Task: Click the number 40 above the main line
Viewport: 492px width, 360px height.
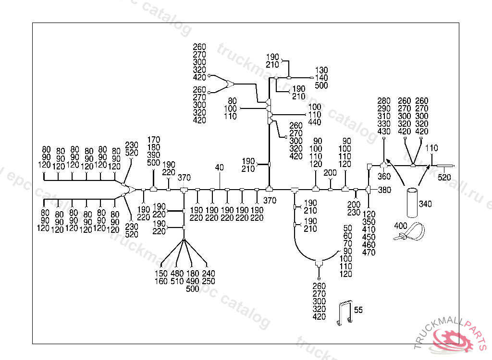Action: point(219,168)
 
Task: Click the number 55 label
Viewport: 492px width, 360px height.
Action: point(358,310)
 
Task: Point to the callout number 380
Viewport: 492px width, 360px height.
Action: point(384,190)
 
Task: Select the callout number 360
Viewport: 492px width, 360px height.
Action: point(384,177)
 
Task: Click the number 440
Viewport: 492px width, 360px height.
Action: point(315,122)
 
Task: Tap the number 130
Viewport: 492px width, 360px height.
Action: point(321,71)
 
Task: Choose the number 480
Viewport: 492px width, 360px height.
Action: point(177,274)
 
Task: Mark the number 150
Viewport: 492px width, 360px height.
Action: point(161,274)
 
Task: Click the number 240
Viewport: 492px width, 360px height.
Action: point(209,274)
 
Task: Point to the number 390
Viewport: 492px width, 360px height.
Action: point(154,155)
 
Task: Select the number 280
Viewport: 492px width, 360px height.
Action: point(384,101)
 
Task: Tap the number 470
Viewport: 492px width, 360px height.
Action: point(369,252)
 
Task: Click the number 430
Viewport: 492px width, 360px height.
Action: point(384,132)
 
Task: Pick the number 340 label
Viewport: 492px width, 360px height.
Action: point(425,204)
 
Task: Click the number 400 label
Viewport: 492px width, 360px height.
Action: point(400,226)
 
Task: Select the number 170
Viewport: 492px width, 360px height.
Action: point(154,140)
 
